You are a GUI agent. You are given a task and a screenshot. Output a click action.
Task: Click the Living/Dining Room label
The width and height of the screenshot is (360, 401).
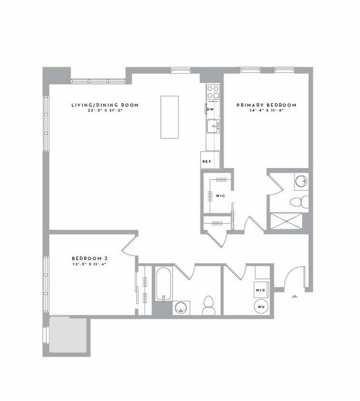[x=105, y=105]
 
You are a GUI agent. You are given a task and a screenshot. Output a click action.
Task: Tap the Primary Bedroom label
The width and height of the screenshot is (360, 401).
[x=266, y=105]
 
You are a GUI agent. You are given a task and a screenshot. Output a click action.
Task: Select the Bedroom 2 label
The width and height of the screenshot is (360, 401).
[x=86, y=258]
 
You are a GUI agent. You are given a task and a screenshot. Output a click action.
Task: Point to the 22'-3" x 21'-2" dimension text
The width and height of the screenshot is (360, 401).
[x=105, y=111]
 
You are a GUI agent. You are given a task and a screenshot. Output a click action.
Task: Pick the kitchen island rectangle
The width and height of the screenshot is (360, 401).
[x=169, y=117]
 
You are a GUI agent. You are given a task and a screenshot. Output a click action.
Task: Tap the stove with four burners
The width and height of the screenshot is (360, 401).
[x=213, y=91]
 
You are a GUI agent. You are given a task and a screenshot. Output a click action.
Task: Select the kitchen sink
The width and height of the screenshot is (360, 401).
[x=213, y=126]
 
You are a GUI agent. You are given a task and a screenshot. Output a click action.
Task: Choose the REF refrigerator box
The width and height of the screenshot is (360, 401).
[x=207, y=161]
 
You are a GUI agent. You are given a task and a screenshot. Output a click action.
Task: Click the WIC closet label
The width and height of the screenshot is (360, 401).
[x=220, y=196]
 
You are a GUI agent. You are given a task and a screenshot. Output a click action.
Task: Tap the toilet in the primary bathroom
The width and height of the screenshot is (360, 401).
[x=298, y=201]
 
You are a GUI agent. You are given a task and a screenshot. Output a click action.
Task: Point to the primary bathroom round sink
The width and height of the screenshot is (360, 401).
[x=301, y=181]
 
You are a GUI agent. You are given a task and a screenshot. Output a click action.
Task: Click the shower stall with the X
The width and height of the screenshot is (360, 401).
[x=286, y=221]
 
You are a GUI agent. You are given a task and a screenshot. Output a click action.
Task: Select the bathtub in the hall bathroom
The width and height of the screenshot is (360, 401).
[x=163, y=284]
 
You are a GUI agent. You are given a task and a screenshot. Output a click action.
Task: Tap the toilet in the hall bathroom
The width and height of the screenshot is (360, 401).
[x=209, y=305]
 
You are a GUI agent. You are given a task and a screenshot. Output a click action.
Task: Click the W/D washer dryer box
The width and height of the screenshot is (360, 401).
[x=260, y=290]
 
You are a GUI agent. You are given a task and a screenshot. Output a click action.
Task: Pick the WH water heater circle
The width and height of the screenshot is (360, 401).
[x=261, y=306]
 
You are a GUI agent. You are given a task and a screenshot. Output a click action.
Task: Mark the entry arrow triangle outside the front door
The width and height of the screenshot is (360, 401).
[x=294, y=296]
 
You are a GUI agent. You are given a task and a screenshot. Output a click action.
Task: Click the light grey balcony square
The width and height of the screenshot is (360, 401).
[x=68, y=335]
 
